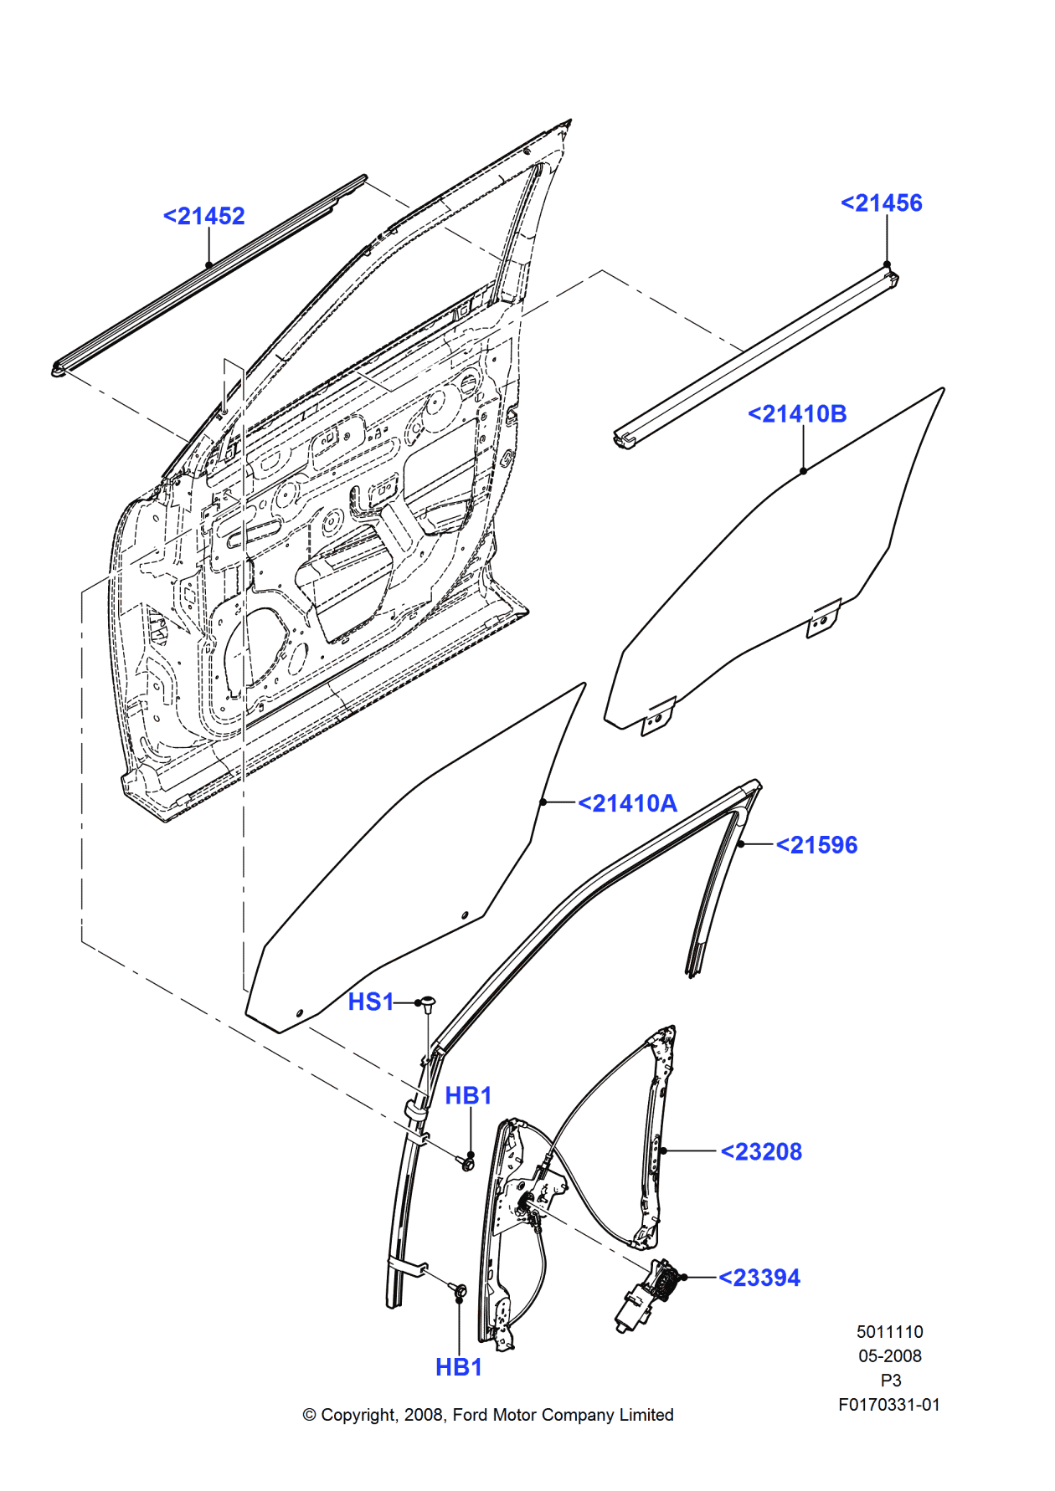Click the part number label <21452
(203, 216)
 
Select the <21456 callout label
(881, 203)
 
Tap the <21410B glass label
(796, 414)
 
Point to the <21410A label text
(627, 803)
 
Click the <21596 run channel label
(816, 845)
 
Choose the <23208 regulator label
(761, 1152)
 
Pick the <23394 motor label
(759, 1278)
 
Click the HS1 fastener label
(370, 1002)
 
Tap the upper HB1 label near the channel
(468, 1095)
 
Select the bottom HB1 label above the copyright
(459, 1367)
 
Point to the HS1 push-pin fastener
(428, 1003)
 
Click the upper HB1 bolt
(466, 1162)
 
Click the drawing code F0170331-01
(888, 1405)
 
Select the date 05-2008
(889, 1356)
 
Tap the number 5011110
(889, 1332)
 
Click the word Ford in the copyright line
(469, 1415)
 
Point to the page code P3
(890, 1381)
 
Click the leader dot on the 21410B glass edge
(803, 471)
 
